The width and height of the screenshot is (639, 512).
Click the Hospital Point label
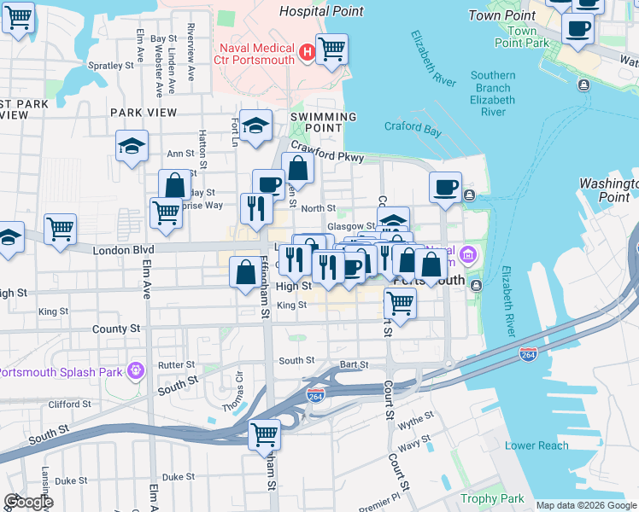coord(322,12)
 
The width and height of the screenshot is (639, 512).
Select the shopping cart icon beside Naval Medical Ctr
coord(331,49)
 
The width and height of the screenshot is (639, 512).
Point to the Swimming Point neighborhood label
coord(323,122)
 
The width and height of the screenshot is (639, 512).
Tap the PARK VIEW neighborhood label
coord(143,113)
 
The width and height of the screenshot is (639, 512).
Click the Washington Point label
coord(608,190)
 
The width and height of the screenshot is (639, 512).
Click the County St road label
coord(116,329)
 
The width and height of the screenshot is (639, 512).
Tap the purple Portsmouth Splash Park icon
coord(134,370)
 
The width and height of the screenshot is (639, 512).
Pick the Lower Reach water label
coord(536,445)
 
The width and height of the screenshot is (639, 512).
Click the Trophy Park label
coord(492,498)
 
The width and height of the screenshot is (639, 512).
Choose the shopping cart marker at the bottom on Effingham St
coord(264,433)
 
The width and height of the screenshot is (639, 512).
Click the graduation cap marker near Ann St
coord(132,146)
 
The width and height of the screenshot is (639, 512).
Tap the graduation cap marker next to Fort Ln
coord(255,126)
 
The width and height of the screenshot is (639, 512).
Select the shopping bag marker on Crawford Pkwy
coord(297,168)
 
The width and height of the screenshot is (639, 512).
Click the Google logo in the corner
coord(27,502)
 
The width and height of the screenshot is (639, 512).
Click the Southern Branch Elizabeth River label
coord(493,94)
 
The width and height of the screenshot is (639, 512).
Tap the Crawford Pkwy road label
coord(327,152)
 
